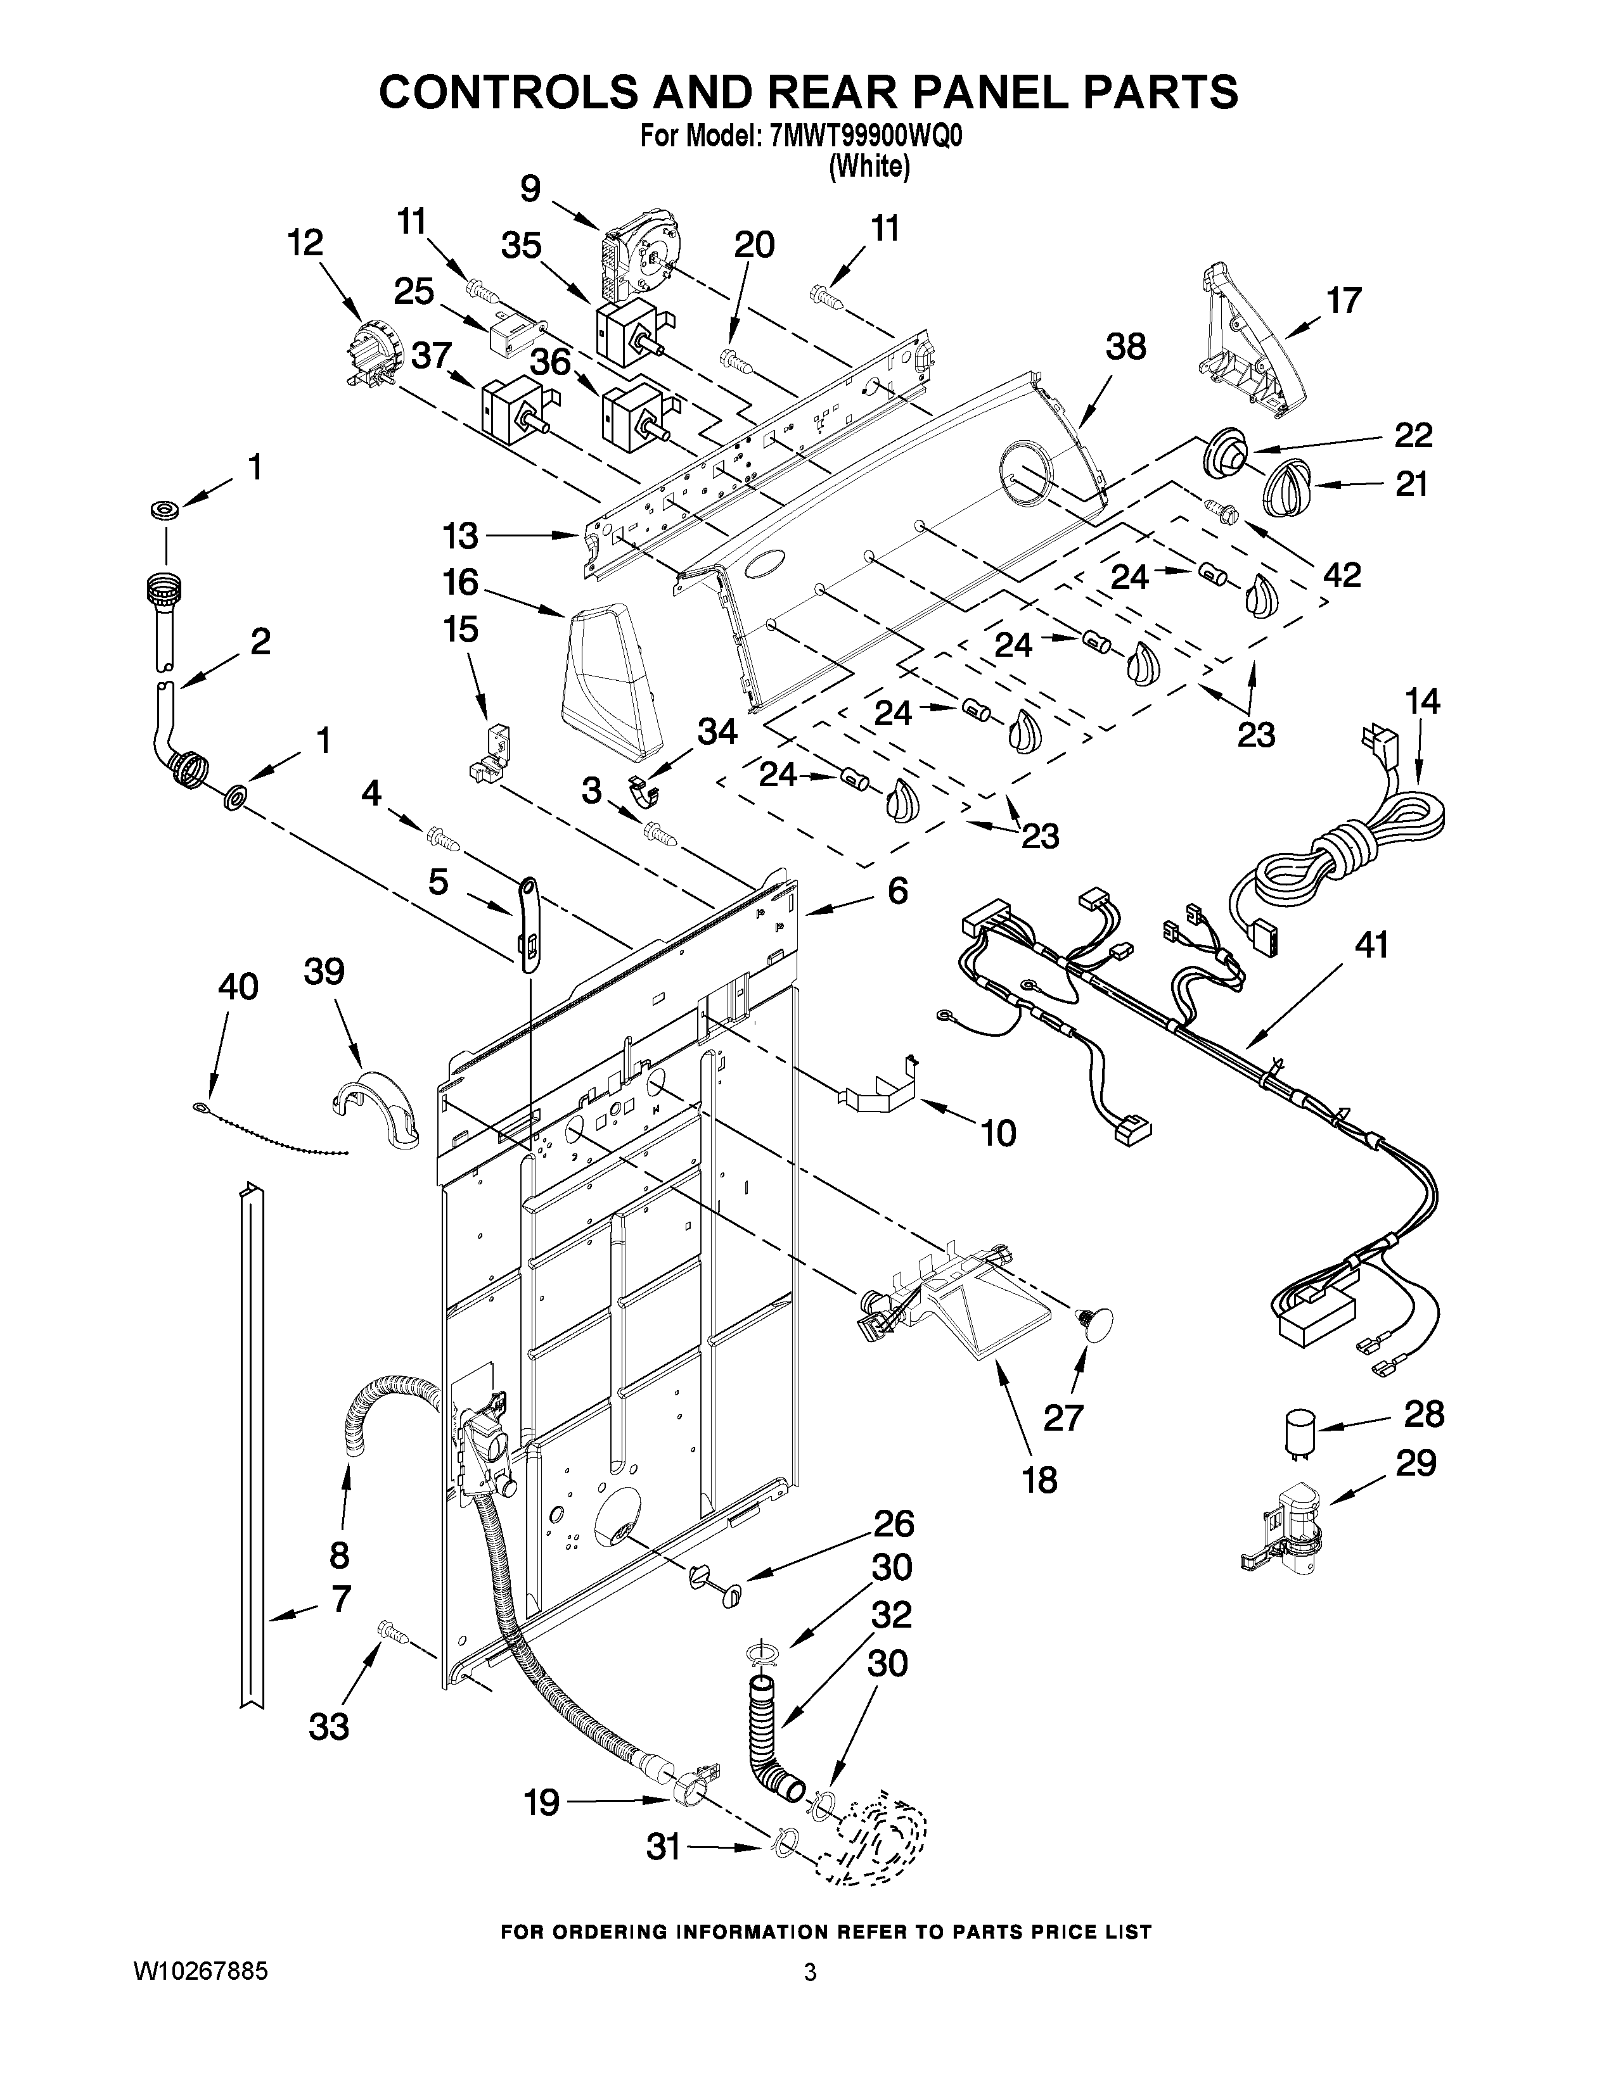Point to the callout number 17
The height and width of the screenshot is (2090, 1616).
click(1343, 300)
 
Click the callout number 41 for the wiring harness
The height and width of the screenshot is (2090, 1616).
click(1370, 946)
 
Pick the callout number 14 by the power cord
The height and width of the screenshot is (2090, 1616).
click(1423, 702)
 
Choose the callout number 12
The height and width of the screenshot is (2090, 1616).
click(305, 243)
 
